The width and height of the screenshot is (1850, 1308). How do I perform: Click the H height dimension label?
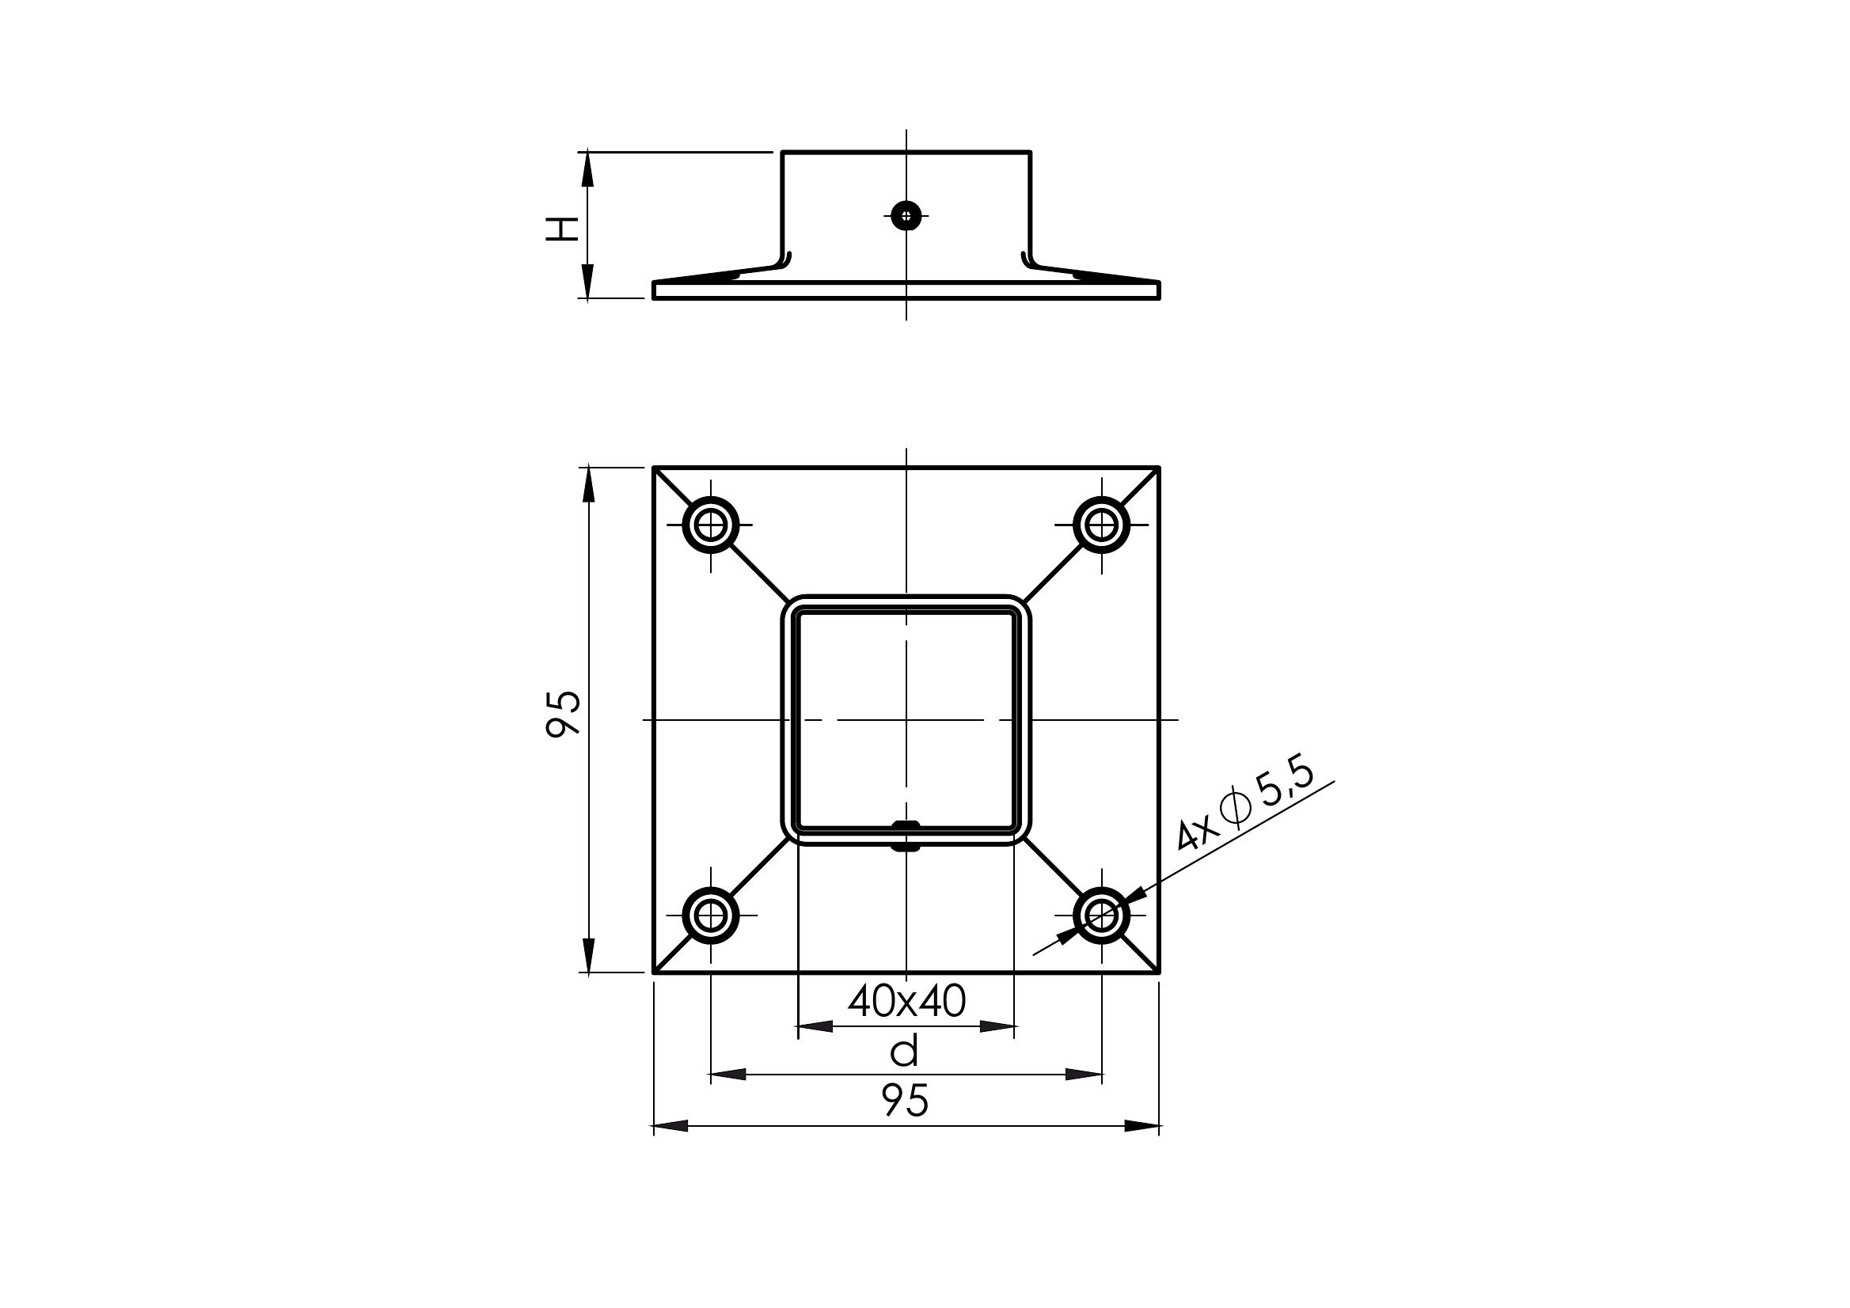point(563,228)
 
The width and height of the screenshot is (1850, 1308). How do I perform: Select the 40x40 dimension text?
point(906,1002)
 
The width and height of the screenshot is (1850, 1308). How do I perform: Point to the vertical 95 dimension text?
point(563,713)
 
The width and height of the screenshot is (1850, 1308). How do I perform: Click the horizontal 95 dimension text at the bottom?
point(906,1100)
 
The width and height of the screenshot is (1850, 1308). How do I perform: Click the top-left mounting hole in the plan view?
point(711,525)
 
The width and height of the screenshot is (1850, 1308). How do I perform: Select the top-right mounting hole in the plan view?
point(1101,525)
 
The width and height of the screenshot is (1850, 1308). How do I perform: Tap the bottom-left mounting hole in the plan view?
point(711,915)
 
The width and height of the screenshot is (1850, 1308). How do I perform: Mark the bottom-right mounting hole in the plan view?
point(1101,915)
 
